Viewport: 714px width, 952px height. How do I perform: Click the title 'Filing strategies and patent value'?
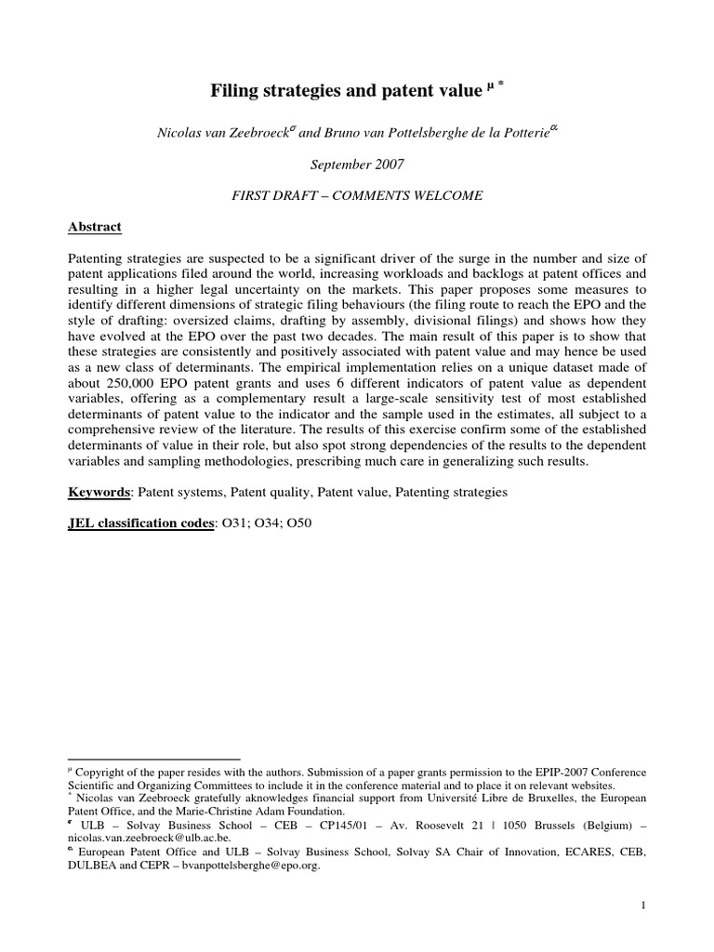point(346,91)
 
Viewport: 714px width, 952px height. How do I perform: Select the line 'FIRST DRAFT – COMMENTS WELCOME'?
point(357,196)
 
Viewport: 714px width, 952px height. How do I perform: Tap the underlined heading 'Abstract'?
point(95,227)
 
